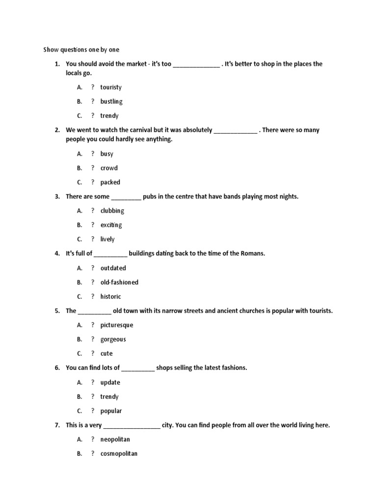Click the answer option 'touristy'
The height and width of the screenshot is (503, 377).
(x=110, y=87)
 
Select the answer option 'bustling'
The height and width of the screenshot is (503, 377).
(x=111, y=102)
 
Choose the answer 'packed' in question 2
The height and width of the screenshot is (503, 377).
(x=110, y=182)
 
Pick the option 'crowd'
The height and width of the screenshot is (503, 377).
(x=109, y=168)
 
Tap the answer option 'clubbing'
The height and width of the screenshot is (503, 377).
(x=112, y=211)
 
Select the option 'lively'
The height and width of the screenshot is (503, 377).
(x=107, y=239)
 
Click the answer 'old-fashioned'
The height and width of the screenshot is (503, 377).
(x=119, y=282)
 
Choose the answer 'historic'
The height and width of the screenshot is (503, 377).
(x=110, y=297)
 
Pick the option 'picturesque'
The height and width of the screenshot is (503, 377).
(x=116, y=325)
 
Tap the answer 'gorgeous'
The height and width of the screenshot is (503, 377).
(x=113, y=339)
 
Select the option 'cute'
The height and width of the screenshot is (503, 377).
(x=107, y=354)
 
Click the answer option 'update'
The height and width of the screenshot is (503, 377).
(x=110, y=383)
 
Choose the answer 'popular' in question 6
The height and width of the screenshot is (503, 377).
(x=111, y=411)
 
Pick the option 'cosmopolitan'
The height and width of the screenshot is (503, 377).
(x=119, y=454)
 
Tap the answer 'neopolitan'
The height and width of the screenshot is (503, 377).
(x=115, y=440)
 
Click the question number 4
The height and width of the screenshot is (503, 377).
(x=57, y=253)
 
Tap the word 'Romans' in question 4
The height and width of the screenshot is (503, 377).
(x=252, y=253)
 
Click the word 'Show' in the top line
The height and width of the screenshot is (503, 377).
(x=51, y=50)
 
